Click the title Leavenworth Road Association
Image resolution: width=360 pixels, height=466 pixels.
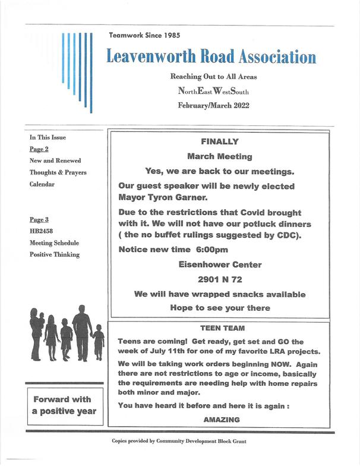211,57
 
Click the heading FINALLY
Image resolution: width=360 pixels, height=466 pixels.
220,141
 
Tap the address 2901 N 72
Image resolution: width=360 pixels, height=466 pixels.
220,279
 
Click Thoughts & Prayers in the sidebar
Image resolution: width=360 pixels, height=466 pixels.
58,172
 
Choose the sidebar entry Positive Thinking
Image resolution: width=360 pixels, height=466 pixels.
54,254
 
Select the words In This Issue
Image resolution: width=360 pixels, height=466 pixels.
48,137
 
